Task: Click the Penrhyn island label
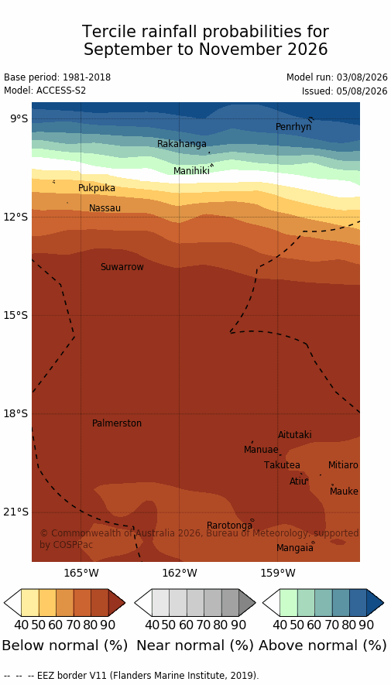pyautogui.click(x=293, y=127)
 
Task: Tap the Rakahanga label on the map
pyautogui.click(x=182, y=144)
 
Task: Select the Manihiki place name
pyautogui.click(x=191, y=171)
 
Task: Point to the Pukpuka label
pyautogui.click(x=97, y=188)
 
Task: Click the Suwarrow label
pyautogui.click(x=122, y=267)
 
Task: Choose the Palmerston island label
pyautogui.click(x=117, y=423)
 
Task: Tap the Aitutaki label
pyautogui.click(x=295, y=435)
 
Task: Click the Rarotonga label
pyautogui.click(x=229, y=526)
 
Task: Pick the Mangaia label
pyautogui.click(x=295, y=548)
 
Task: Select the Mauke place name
pyautogui.click(x=344, y=491)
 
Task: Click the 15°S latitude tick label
pyautogui.click(x=15, y=316)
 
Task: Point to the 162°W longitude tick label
pyautogui.click(x=180, y=572)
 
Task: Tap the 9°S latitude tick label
pyautogui.click(x=18, y=118)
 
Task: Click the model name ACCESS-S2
pyautogui.click(x=60, y=91)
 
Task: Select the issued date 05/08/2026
pyautogui.click(x=362, y=91)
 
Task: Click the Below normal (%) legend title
pyautogui.click(x=65, y=646)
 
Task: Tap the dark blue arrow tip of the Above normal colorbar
pyautogui.click(x=383, y=603)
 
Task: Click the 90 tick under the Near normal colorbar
pyautogui.click(x=238, y=625)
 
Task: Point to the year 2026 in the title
pyautogui.click(x=307, y=50)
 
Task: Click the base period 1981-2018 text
pyautogui.click(x=87, y=77)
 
